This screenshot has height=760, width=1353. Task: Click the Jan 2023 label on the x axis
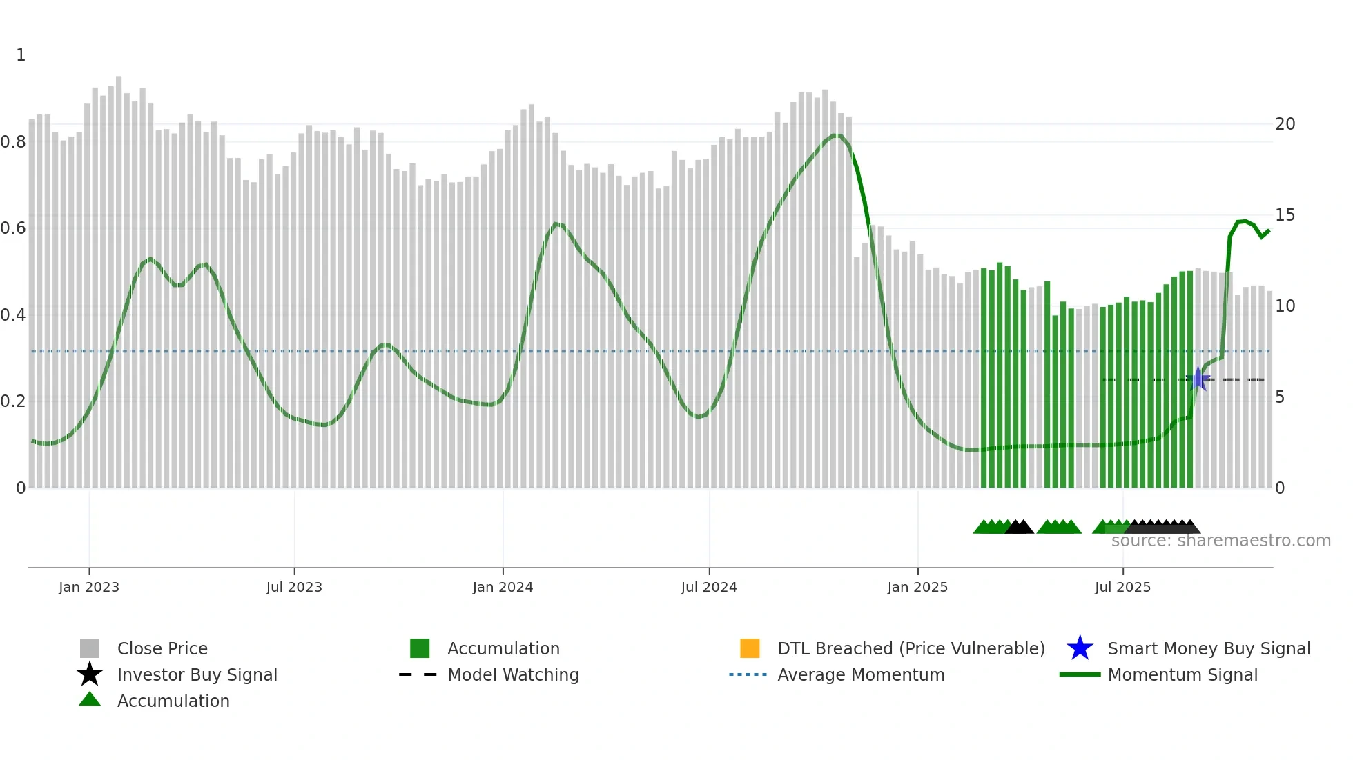(x=89, y=587)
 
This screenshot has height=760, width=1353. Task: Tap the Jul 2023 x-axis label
(x=294, y=587)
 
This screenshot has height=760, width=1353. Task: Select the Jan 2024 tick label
(x=503, y=587)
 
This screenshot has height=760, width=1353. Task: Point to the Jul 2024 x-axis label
(x=709, y=587)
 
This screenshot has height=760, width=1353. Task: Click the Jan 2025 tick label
(x=917, y=587)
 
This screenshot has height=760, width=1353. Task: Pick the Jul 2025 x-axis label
(x=1122, y=587)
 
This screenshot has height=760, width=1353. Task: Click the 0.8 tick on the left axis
(x=13, y=142)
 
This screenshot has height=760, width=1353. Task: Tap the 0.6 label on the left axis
(x=13, y=228)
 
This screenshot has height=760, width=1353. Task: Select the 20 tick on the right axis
(x=1285, y=124)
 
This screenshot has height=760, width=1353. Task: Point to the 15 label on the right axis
(x=1285, y=215)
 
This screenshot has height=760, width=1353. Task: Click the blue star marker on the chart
(x=1199, y=379)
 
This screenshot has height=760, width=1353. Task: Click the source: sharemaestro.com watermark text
(x=1220, y=541)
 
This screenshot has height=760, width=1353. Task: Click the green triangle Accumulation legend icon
(x=90, y=699)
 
